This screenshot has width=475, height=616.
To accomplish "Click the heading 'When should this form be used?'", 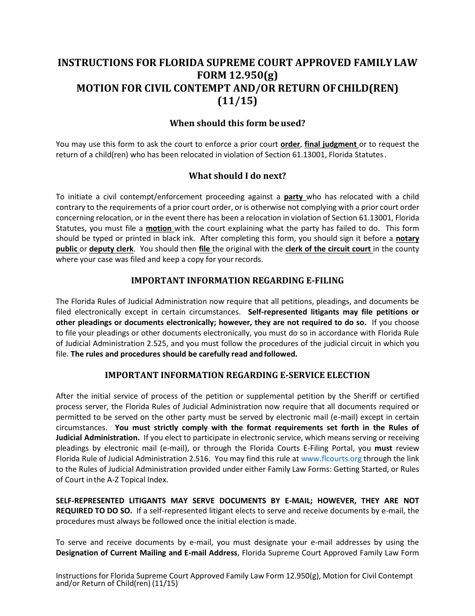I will (237, 123).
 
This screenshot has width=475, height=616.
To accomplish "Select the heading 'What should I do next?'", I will (237, 176).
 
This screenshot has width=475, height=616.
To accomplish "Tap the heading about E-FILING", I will (237, 280).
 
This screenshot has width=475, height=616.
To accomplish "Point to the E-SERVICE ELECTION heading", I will (237, 375).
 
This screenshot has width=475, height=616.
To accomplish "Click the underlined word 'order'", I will (290, 144).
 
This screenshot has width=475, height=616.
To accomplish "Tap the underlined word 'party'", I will (293, 197).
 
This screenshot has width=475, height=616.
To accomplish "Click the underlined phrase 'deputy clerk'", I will (111, 249).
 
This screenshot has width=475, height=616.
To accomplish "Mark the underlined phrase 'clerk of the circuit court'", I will (328, 249).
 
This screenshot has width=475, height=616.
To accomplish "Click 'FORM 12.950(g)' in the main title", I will (237, 76).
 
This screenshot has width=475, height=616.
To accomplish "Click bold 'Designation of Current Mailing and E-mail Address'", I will (146, 553).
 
